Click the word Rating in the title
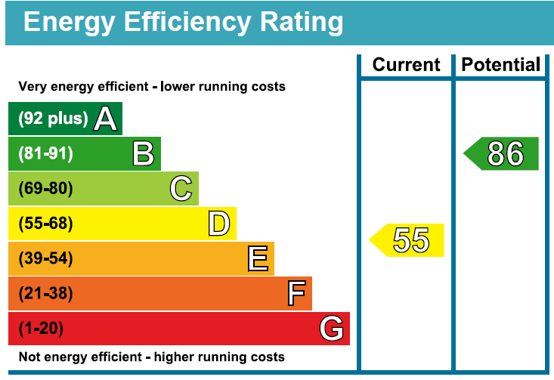302,22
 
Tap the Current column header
406,65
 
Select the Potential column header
500,65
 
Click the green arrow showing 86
500,153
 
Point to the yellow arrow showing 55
407,240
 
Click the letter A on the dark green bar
105,119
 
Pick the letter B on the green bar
144,153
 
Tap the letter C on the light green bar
181,189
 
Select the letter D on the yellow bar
219,224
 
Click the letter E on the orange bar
258,258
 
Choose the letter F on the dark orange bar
296,293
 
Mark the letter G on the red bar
331,329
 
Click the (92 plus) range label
53,119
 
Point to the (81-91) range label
45,153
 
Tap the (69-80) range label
45,188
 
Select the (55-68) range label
45,223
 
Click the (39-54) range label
45,258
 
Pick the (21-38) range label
45,293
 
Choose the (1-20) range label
41,328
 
